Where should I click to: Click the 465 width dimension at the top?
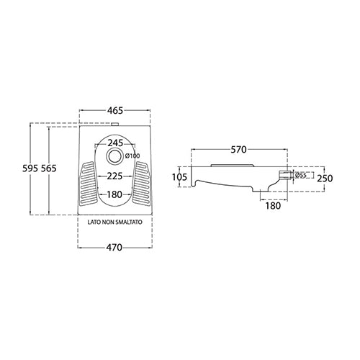pyautogui.click(x=115, y=111)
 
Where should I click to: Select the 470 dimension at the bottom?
pyautogui.click(x=114, y=247)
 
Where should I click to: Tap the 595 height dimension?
pyautogui.click(x=30, y=168)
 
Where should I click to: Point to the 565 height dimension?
pyautogui.click(x=48, y=168)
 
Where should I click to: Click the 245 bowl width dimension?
pyautogui.click(x=115, y=143)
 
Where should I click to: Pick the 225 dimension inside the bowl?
pyautogui.click(x=114, y=176)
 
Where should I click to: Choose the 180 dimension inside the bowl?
pyautogui.click(x=114, y=194)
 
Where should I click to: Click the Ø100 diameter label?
pyautogui.click(x=132, y=156)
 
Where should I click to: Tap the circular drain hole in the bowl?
pyautogui.click(x=114, y=156)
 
